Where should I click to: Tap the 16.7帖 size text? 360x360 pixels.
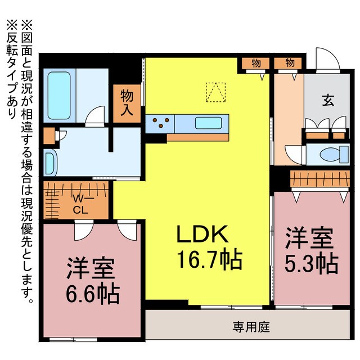(x=210, y=259)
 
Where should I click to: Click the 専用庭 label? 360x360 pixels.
(x=251, y=326)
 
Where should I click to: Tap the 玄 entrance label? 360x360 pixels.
(x=327, y=101)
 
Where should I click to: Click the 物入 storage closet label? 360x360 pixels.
(x=127, y=102)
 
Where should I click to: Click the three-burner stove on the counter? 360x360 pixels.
(x=160, y=122)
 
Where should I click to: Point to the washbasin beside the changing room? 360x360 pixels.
(x=49, y=163)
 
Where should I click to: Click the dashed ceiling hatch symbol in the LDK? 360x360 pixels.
(x=214, y=92)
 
